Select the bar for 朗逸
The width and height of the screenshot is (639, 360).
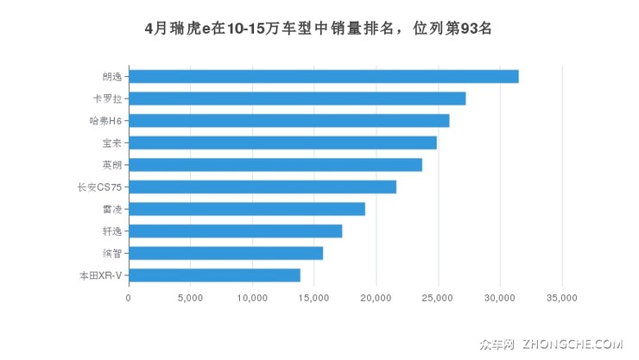tap(324, 76)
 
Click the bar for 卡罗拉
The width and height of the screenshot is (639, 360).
tap(297, 98)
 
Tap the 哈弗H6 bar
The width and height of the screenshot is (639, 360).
tap(289, 120)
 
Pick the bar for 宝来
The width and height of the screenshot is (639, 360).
tap(282, 142)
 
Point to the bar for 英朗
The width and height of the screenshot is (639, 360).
tap(275, 164)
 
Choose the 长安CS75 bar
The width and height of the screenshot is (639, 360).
tap(263, 186)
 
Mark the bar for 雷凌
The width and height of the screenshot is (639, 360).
tap(247, 209)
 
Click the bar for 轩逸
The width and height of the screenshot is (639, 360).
tap(236, 231)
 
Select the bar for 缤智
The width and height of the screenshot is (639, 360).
tap(226, 253)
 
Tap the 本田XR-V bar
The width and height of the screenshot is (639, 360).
tap(215, 275)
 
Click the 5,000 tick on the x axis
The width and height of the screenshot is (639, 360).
tap(190, 298)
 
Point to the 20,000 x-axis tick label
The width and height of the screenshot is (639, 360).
tap(376, 298)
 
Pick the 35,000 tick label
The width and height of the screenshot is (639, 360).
tap(562, 298)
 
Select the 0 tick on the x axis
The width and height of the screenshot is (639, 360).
tap(129, 298)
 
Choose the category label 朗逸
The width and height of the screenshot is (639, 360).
tap(111, 76)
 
